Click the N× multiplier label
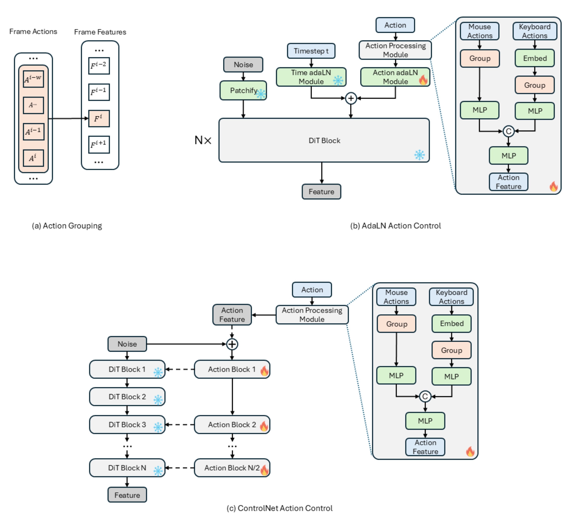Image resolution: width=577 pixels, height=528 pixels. coord(203,140)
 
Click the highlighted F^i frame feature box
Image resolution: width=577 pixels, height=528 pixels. coord(99,119)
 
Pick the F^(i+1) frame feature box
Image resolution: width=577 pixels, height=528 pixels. coord(99,144)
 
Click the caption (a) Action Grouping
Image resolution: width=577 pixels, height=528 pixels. coord(67,226)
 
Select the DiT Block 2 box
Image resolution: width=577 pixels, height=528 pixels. coord(127,397)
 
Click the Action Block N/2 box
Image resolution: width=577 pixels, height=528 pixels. coord(232,468)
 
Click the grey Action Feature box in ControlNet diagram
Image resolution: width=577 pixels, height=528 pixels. coord(232,315)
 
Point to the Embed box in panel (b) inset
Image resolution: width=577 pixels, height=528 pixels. coord(534,58)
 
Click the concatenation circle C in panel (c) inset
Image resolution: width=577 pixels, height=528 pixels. coord(425,396)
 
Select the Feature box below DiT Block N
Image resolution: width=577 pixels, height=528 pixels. coord(127,495)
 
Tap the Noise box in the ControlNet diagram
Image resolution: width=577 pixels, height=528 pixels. coord(127,344)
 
